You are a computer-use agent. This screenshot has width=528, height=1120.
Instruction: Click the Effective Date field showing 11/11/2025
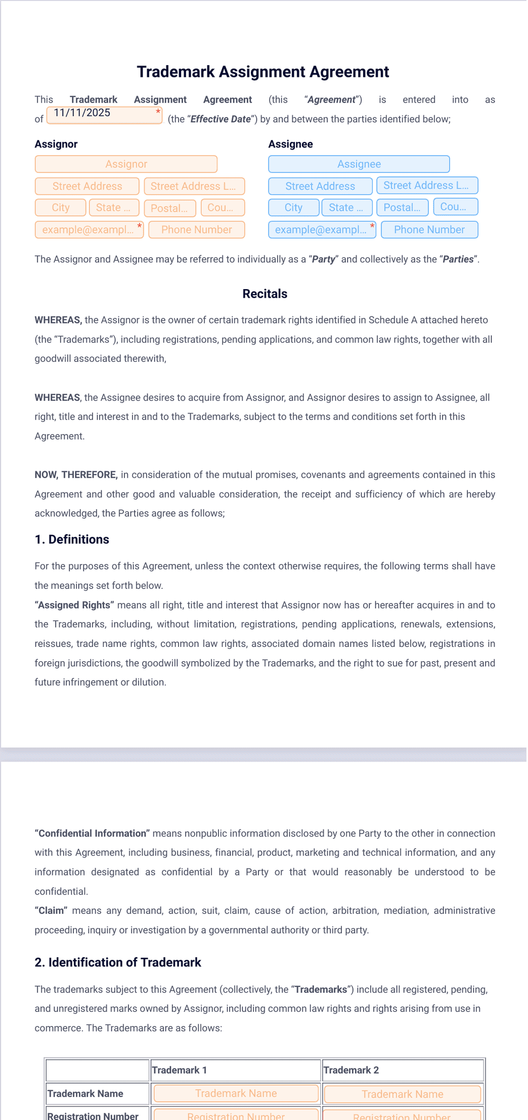pos(104,115)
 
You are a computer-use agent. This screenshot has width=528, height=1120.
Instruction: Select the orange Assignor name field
pos(126,164)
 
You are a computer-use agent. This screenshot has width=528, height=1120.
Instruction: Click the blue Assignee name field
pos(359,164)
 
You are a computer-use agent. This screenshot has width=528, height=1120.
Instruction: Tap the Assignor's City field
pos(60,208)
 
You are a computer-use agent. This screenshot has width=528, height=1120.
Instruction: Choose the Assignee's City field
pos(293,208)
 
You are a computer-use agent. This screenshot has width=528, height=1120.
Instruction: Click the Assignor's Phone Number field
pos(196,230)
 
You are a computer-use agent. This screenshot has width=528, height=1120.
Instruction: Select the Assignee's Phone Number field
pos(429,230)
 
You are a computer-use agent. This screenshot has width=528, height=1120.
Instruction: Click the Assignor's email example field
pos(89,230)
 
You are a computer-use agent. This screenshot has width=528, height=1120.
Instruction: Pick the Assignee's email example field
pos(321,230)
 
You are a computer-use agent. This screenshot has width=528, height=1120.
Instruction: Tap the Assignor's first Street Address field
pos(87,186)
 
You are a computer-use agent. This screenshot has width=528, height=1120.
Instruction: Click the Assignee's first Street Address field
pos(320,186)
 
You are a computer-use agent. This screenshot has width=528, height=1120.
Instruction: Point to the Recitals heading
pos(265,294)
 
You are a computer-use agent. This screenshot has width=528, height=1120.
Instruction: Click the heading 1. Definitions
pos(72,540)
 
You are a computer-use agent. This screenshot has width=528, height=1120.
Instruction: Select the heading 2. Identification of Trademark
pos(118,962)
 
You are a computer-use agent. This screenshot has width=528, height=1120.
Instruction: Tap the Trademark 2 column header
pos(351,1070)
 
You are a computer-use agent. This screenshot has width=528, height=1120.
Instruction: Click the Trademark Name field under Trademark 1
pos(236,1094)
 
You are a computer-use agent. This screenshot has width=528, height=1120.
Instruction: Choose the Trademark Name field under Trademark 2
pos(402,1094)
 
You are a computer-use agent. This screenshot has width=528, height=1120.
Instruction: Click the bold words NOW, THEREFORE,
pos(76,475)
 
